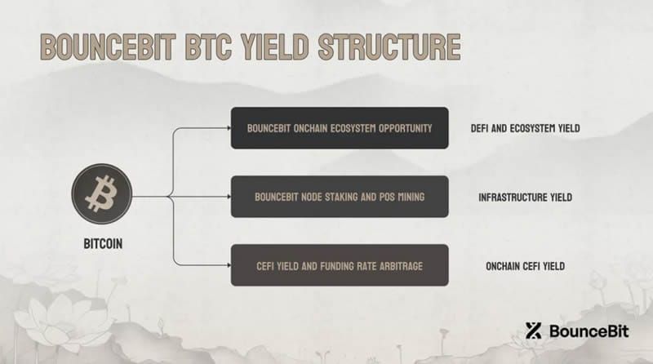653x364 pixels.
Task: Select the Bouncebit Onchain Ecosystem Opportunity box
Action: coord(339,128)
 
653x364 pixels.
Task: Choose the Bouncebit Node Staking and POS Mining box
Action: coord(339,197)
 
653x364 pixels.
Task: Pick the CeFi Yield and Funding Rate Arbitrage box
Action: coord(339,265)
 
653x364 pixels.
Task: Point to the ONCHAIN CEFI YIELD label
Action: coord(522,265)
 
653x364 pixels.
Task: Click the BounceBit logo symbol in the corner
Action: coord(535,331)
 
